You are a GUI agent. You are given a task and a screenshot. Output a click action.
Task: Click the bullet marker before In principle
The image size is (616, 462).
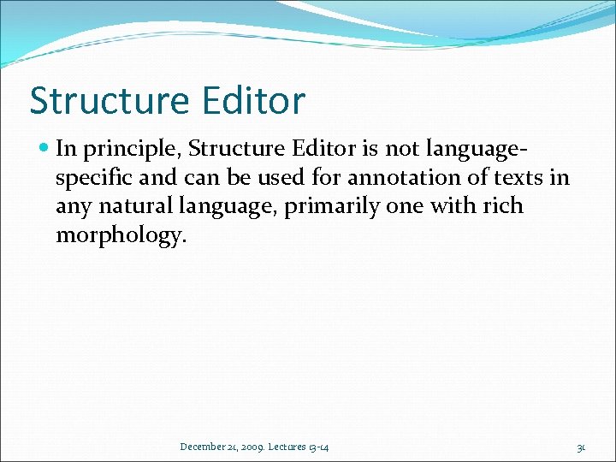click(44, 149)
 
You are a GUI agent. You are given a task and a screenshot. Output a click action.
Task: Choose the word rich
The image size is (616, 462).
click(503, 206)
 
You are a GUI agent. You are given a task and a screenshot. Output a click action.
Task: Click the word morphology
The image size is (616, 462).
click(120, 236)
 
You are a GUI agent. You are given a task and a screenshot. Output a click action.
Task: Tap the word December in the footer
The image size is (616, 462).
click(204, 447)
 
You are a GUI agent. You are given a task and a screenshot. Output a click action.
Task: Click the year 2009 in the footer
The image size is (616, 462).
click(254, 447)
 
